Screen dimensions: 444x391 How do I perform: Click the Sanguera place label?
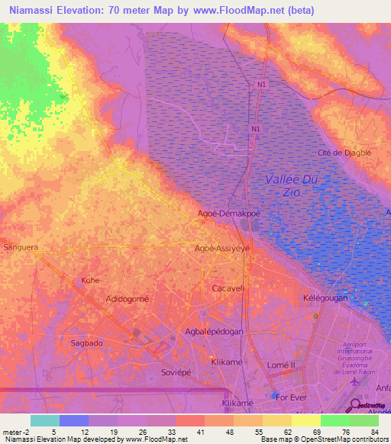(x=21, y=248)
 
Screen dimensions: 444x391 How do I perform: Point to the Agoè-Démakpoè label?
(x=229, y=214)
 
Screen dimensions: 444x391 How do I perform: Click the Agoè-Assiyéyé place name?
(x=222, y=248)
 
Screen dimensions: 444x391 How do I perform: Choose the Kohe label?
(x=90, y=280)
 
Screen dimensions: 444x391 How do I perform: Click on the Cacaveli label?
(x=227, y=289)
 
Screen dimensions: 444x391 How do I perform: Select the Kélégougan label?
(x=325, y=298)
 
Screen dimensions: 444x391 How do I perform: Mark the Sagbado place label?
(x=87, y=343)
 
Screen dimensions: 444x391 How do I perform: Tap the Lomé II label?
(x=283, y=365)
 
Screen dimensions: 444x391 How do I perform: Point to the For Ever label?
(x=293, y=397)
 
